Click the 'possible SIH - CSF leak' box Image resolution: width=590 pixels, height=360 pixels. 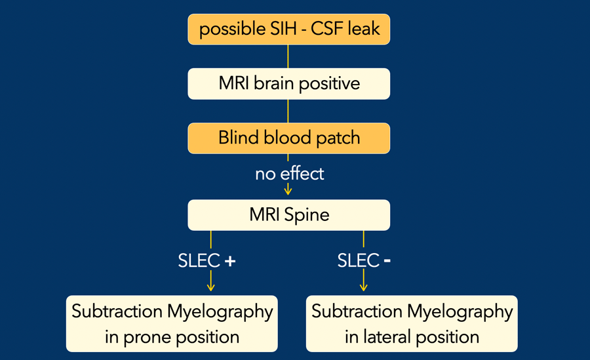pos(288,30)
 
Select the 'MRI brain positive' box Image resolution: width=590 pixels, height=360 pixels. pos(288,83)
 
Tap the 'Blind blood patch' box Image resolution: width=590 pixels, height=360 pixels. pos(288,138)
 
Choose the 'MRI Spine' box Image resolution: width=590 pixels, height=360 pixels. pos(288,215)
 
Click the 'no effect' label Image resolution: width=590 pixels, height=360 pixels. pos(289,174)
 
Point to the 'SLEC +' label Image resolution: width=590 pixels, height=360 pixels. pos(206,260)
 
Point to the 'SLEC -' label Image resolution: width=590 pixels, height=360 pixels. pos(364,260)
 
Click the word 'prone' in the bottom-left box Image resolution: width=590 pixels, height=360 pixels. pos(147,338)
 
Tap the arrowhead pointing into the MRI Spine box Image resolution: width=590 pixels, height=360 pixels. pos(288,191)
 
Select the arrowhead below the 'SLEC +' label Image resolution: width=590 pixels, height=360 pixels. pos(210,287)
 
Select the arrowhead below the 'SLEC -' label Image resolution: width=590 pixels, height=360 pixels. pos(363,287)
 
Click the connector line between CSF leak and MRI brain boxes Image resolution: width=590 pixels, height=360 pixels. pos(288,56)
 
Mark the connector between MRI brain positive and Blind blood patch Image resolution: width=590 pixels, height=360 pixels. pos(288,111)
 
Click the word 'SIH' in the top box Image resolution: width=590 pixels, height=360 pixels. pos(284,29)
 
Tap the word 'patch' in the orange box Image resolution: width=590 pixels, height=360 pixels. pos(338,138)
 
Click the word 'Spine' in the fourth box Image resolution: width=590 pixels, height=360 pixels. pos(307,215)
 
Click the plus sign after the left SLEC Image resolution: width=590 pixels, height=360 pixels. pos(230,261)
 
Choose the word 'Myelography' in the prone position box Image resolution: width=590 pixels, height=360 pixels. pos(220,312)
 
